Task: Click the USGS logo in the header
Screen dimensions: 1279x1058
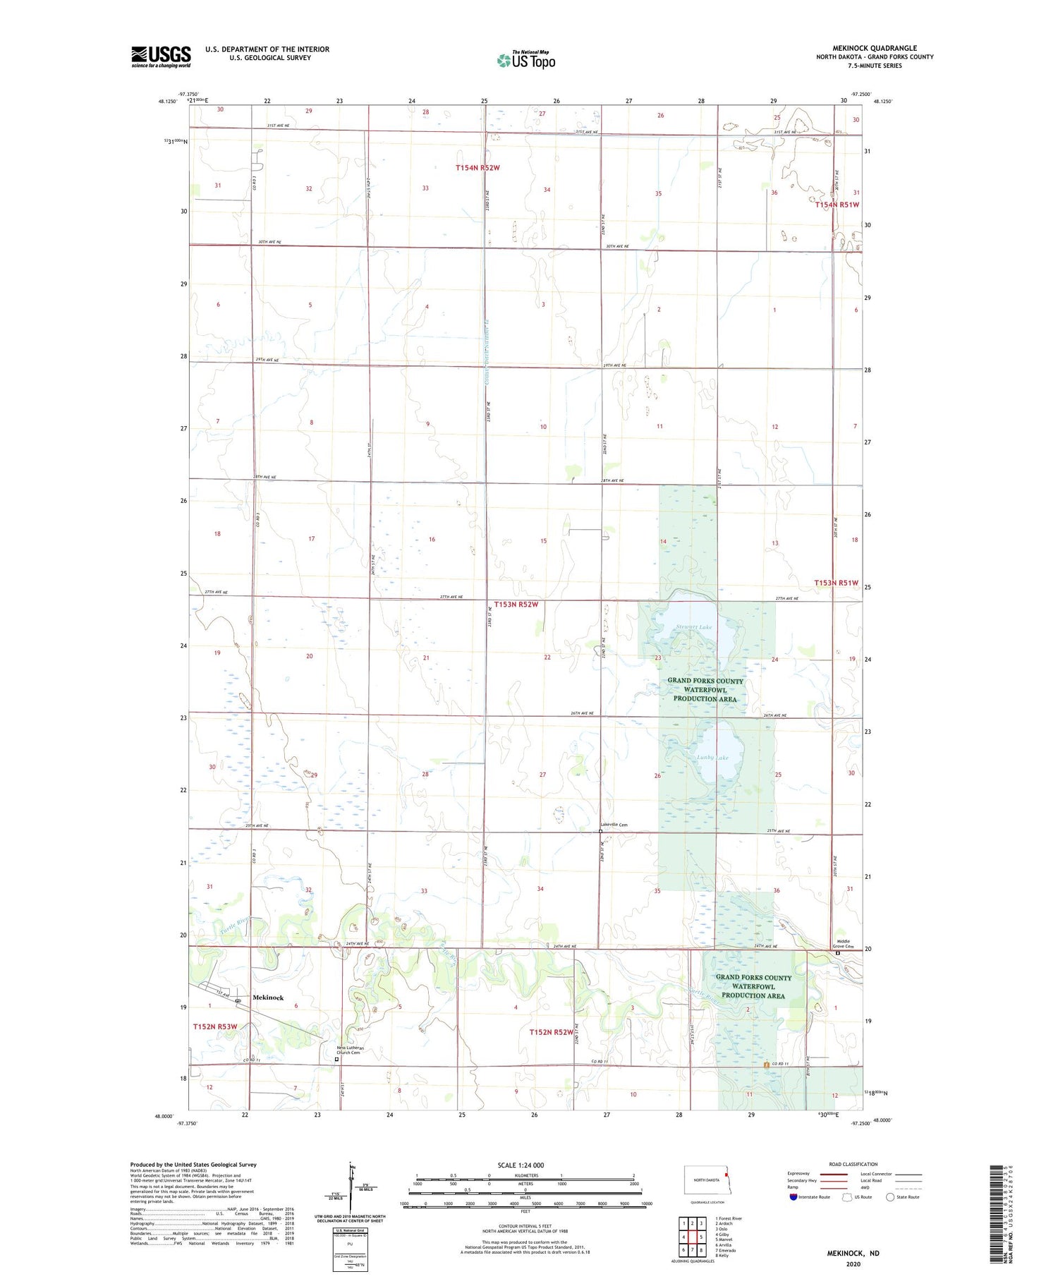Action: point(161,56)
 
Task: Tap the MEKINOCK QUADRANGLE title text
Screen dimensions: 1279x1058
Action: point(874,48)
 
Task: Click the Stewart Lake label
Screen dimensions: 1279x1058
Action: point(694,626)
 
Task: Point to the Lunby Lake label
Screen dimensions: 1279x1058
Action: point(712,757)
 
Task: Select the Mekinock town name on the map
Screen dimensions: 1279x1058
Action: point(268,998)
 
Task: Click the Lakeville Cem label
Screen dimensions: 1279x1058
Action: point(614,824)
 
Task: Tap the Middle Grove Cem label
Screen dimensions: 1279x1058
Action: point(839,943)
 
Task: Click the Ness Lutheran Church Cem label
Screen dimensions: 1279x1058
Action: point(348,1050)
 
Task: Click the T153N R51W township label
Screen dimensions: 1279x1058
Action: point(837,583)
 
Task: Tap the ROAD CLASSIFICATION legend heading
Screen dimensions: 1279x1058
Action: point(853,1164)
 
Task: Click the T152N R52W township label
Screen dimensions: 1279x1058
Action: point(552,1032)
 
